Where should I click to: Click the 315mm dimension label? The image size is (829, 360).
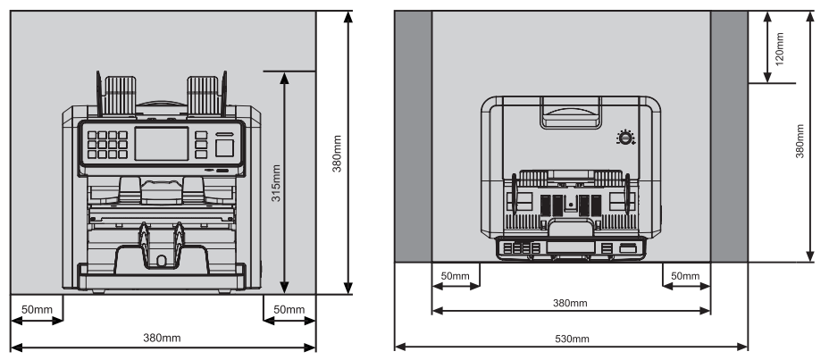[275, 183]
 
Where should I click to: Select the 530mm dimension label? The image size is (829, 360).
[572, 339]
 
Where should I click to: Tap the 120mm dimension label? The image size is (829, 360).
[779, 48]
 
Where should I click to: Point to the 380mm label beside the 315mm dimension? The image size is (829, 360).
[337, 154]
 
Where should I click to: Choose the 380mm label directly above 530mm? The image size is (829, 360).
[570, 303]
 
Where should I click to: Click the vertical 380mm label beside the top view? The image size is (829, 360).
[800, 141]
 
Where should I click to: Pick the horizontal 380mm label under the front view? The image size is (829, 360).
[162, 338]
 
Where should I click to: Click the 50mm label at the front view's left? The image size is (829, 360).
[36, 309]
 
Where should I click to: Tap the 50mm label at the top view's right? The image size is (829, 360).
[685, 276]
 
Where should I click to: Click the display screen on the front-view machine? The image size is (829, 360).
[162, 143]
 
